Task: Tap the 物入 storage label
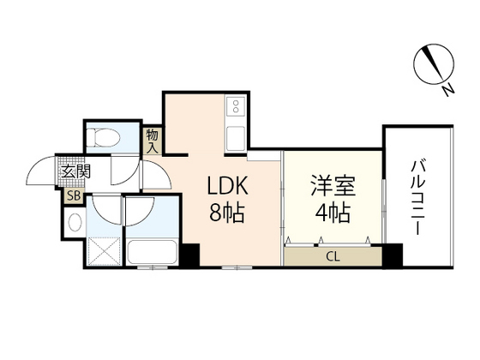pyautogui.click(x=153, y=141)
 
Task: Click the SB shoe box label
pyautogui.click(x=74, y=196)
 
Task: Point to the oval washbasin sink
pyautogui.click(x=75, y=222)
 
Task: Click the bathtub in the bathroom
pyautogui.click(x=153, y=252)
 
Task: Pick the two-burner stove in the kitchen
pyautogui.click(x=236, y=106)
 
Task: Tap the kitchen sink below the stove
pyautogui.click(x=236, y=138)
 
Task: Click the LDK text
pyautogui.click(x=227, y=186)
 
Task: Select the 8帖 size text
pyautogui.click(x=226, y=213)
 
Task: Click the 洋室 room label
pyautogui.click(x=333, y=185)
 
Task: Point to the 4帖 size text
pyautogui.click(x=333, y=213)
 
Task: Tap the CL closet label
pyautogui.click(x=333, y=257)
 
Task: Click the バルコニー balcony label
pyautogui.click(x=418, y=198)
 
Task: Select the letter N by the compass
pyautogui.click(x=447, y=90)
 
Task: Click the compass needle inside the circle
pyautogui.click(x=434, y=64)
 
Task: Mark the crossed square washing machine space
pyautogui.click(x=104, y=251)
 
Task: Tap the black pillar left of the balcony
pyautogui.click(x=393, y=255)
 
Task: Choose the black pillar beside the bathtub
pyautogui.click(x=189, y=255)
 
